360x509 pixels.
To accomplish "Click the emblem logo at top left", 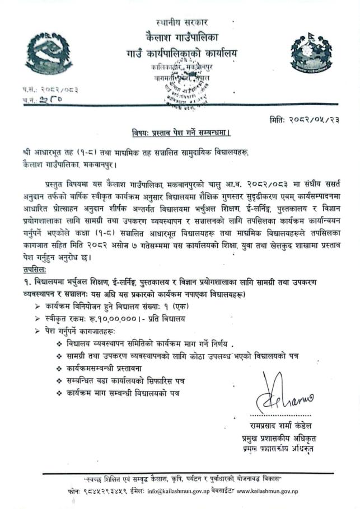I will pos(49,55).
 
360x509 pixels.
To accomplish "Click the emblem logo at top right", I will pos(311,54).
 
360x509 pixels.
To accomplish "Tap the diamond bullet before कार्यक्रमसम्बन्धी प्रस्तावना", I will pos(59,369).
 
